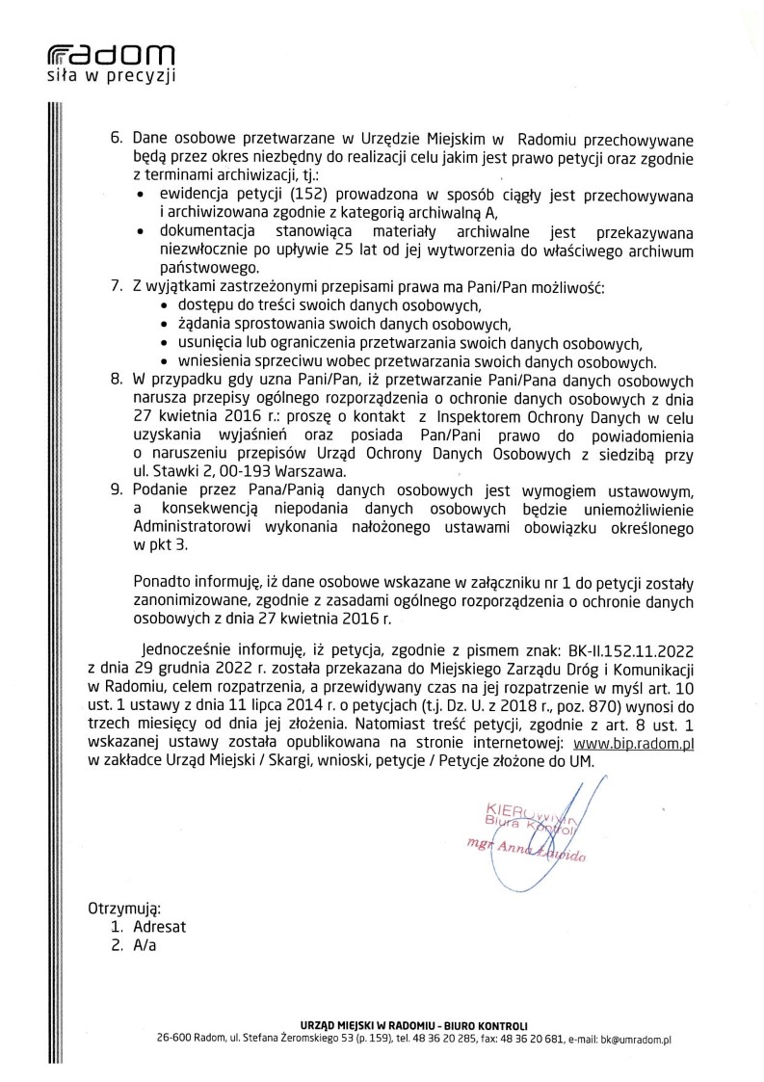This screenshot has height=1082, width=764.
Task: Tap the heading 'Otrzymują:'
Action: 125,908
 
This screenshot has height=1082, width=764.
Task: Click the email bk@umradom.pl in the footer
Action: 635,1040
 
